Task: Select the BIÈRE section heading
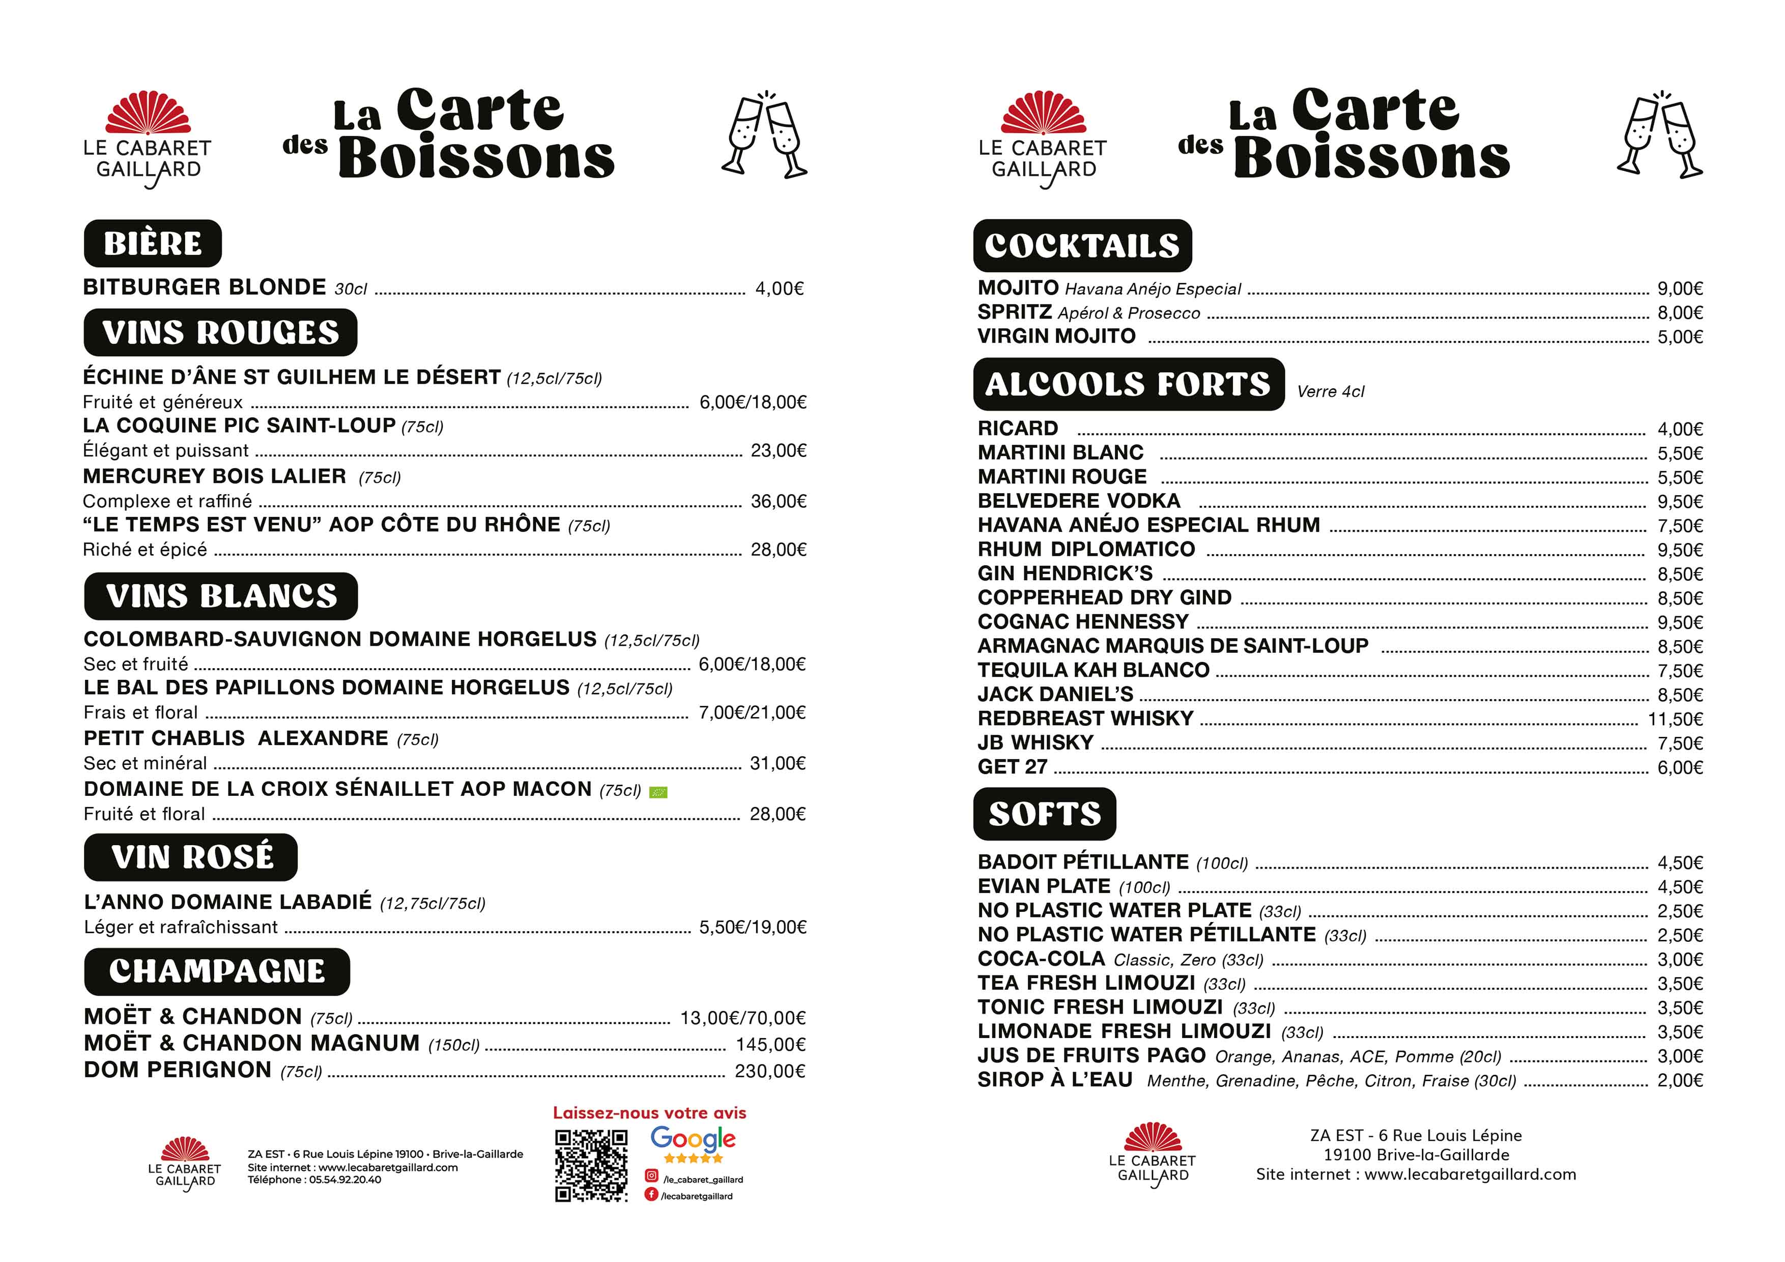pyautogui.click(x=152, y=243)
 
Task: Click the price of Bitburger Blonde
pyautogui.click(x=779, y=289)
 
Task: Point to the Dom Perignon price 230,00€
pyautogui.click(x=770, y=1072)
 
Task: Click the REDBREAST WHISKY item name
pyautogui.click(x=1085, y=719)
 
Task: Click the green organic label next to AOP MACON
pyautogui.click(x=658, y=792)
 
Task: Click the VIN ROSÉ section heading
pyautogui.click(x=191, y=857)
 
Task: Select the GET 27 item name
pyautogui.click(x=1012, y=767)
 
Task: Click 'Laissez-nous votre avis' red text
pyautogui.click(x=649, y=1113)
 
